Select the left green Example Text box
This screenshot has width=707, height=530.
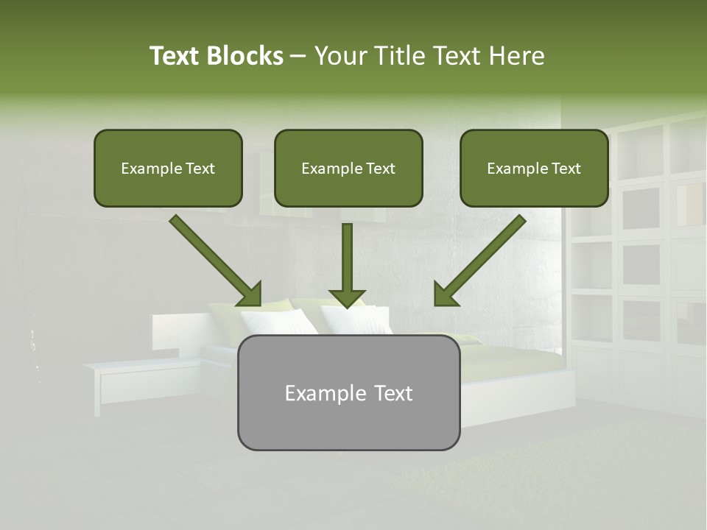pos(168,169)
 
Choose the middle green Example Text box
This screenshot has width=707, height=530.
pos(348,169)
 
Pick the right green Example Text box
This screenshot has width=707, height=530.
pos(534,169)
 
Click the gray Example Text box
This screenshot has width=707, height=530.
pos(348,393)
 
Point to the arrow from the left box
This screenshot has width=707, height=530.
pos(214,258)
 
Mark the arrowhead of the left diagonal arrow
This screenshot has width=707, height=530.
pos(250,295)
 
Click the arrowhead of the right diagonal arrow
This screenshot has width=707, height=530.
pos(445,295)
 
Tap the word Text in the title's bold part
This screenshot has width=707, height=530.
pos(175,56)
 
